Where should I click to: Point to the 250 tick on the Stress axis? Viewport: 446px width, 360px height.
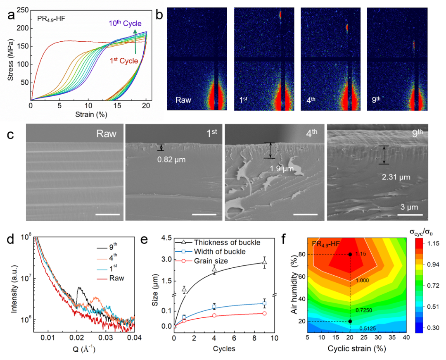[22, 10]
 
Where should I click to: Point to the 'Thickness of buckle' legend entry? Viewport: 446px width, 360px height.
[227, 242]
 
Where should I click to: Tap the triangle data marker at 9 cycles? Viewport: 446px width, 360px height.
[265, 262]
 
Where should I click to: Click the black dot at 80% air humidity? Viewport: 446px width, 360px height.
[350, 254]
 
